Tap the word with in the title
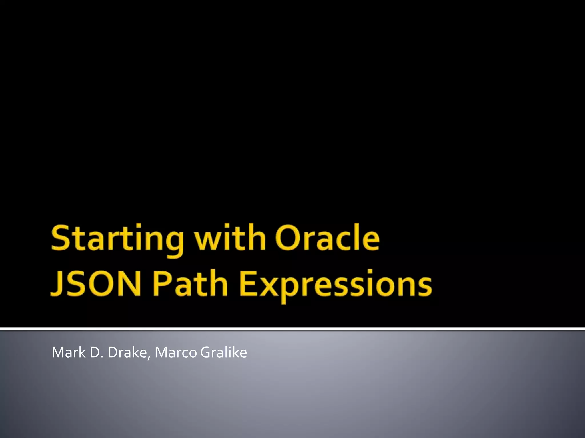pos(230,238)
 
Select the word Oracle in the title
pos(327,238)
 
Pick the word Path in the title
pos(190,283)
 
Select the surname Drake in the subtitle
pos(127,352)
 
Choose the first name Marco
pos(176,352)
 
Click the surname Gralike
pos(223,352)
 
